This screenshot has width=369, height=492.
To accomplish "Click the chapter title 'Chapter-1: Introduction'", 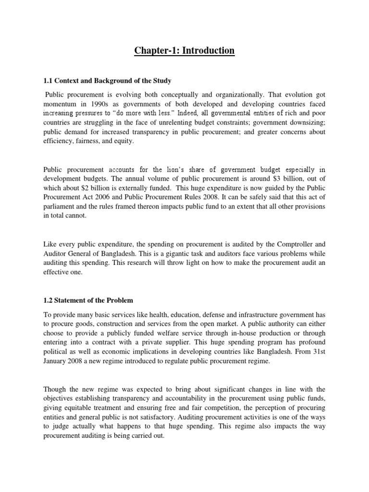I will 184,50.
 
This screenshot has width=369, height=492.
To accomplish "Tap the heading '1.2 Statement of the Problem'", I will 88,300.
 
